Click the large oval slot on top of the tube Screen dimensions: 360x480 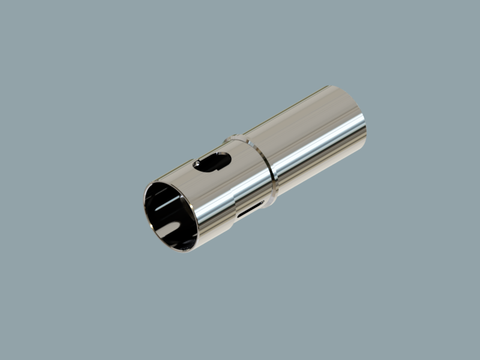click(x=212, y=162)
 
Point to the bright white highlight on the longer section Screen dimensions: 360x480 click(x=318, y=144)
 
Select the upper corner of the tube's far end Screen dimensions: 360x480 click(x=329, y=86)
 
